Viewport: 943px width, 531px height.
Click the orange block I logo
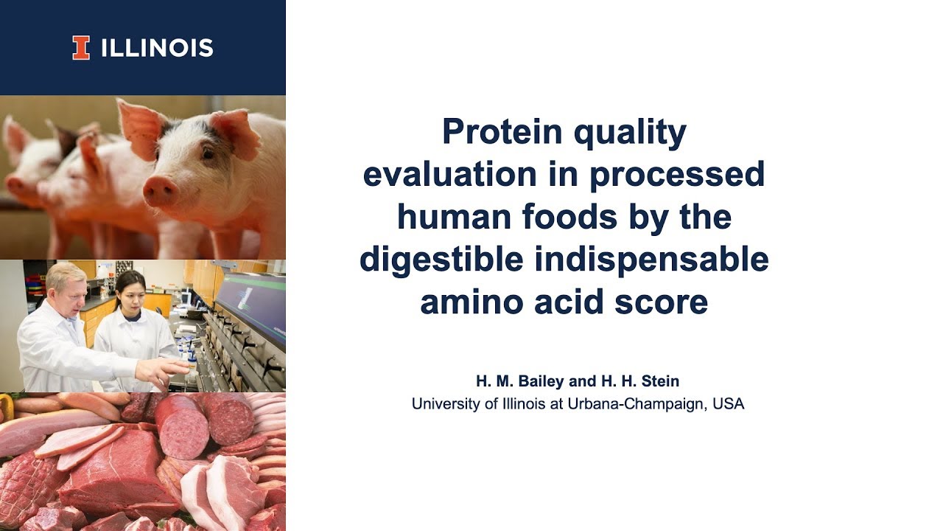point(81,48)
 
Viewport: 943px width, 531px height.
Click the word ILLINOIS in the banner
point(156,49)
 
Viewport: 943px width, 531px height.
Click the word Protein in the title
point(501,132)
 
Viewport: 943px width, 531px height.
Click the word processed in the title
point(677,175)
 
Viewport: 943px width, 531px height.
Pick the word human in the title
point(450,217)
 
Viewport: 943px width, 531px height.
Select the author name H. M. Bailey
point(522,381)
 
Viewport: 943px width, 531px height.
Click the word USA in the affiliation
point(729,404)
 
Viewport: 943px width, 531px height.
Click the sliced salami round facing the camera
point(181,428)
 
